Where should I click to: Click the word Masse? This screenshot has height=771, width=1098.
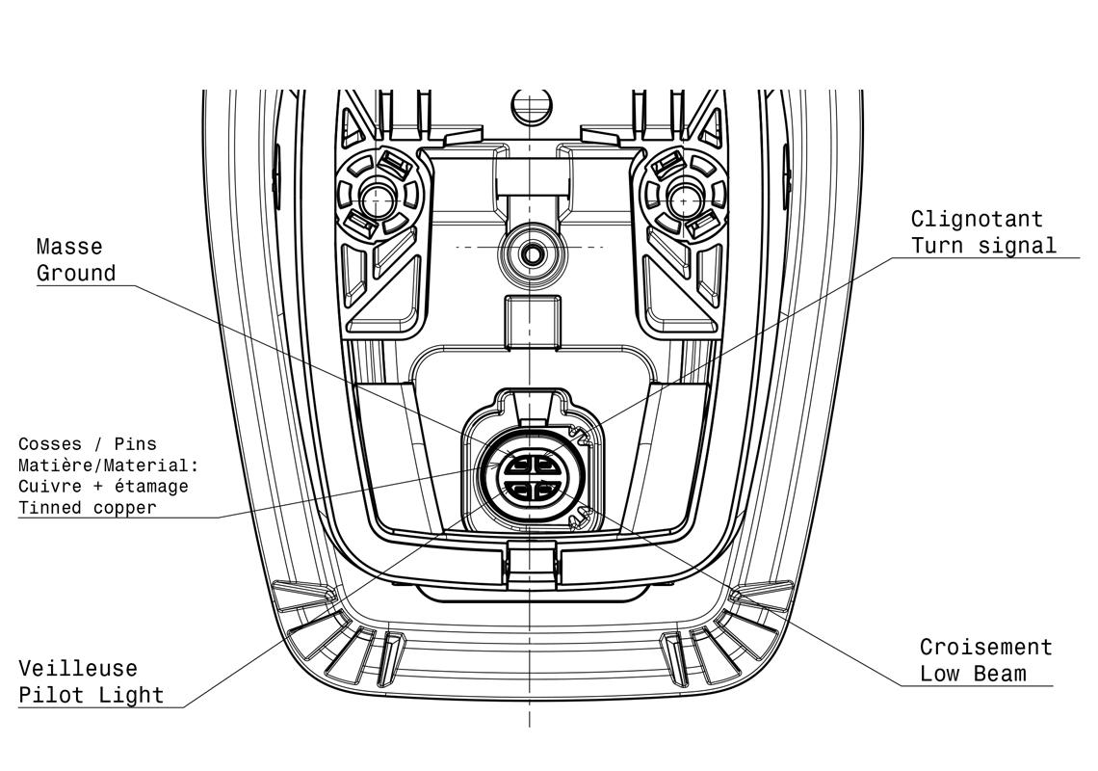69,248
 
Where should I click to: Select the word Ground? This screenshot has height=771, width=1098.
76,274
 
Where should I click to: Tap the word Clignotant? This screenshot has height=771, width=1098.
977,219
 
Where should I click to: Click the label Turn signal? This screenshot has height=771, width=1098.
982,245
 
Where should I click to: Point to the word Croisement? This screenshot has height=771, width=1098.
985,647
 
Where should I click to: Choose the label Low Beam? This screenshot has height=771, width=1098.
972,673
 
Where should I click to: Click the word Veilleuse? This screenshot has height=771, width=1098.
78,668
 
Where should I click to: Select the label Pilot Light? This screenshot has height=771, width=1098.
91,695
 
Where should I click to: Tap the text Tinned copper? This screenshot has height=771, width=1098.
87,508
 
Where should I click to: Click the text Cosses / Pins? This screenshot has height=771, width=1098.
87,444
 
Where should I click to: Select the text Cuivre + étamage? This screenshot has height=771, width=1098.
103,487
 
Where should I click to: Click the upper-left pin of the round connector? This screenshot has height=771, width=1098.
518,464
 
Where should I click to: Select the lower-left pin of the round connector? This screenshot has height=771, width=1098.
518,492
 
